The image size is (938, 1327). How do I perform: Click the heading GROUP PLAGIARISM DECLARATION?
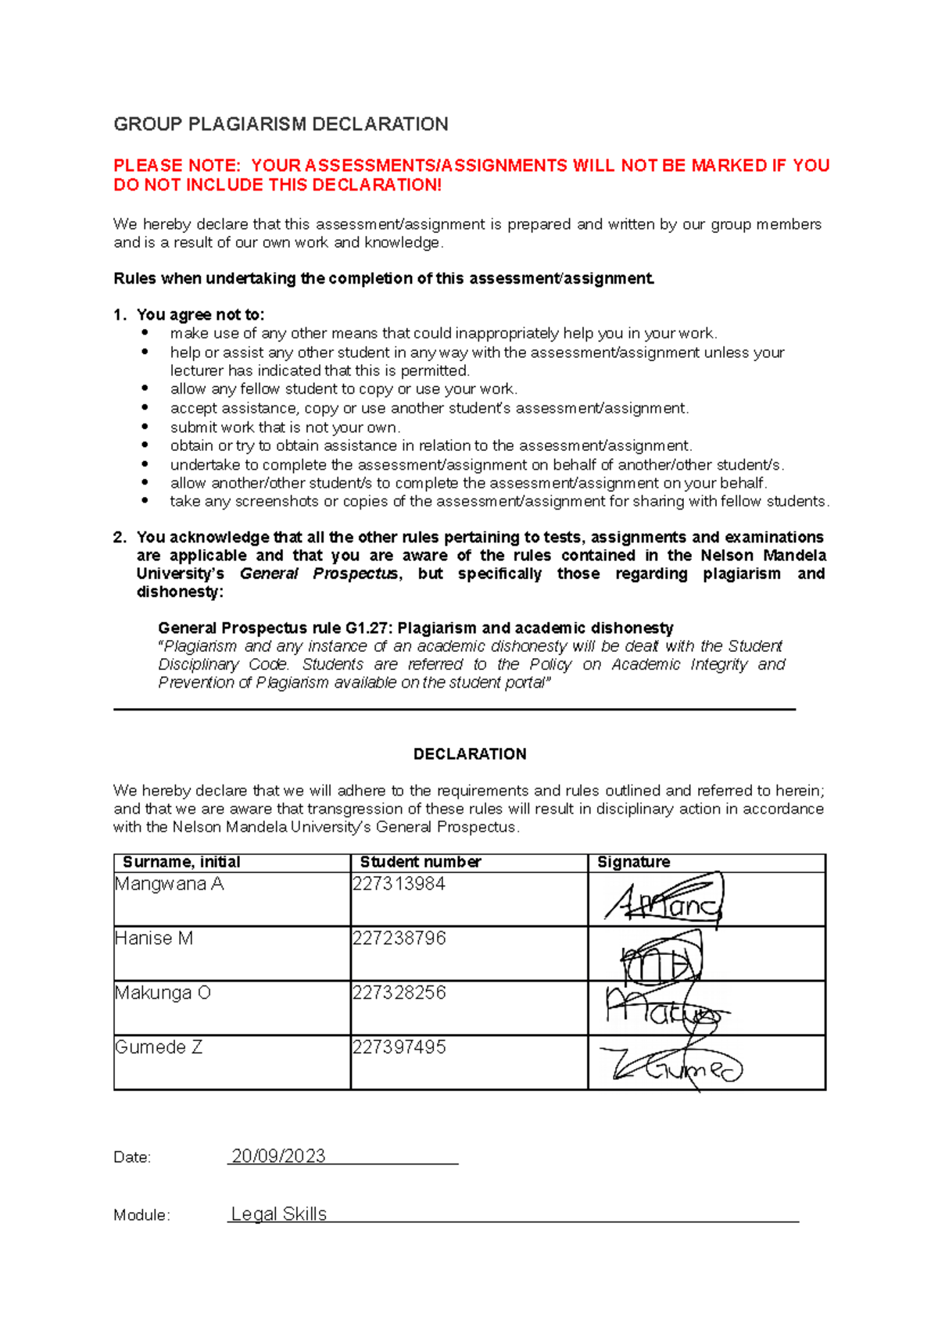coord(281,124)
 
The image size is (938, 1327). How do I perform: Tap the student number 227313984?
coord(399,884)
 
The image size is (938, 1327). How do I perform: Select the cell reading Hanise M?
coord(154,938)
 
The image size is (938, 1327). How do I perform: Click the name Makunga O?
coord(163,993)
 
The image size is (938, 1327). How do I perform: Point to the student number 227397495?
coord(399,1046)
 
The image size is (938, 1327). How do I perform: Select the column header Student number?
coord(421,862)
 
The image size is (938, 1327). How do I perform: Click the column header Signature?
coord(633,862)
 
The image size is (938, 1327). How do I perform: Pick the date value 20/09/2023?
coord(278,1156)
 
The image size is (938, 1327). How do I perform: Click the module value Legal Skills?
coord(279,1214)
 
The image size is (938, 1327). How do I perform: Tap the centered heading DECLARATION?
coord(469,754)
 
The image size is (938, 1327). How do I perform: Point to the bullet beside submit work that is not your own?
coord(145,427)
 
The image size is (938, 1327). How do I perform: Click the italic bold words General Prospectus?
coord(319,574)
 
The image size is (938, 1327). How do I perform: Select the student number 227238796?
coord(399,938)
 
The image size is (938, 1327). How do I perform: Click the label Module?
coord(141,1215)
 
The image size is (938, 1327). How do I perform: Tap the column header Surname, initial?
coord(181,862)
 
